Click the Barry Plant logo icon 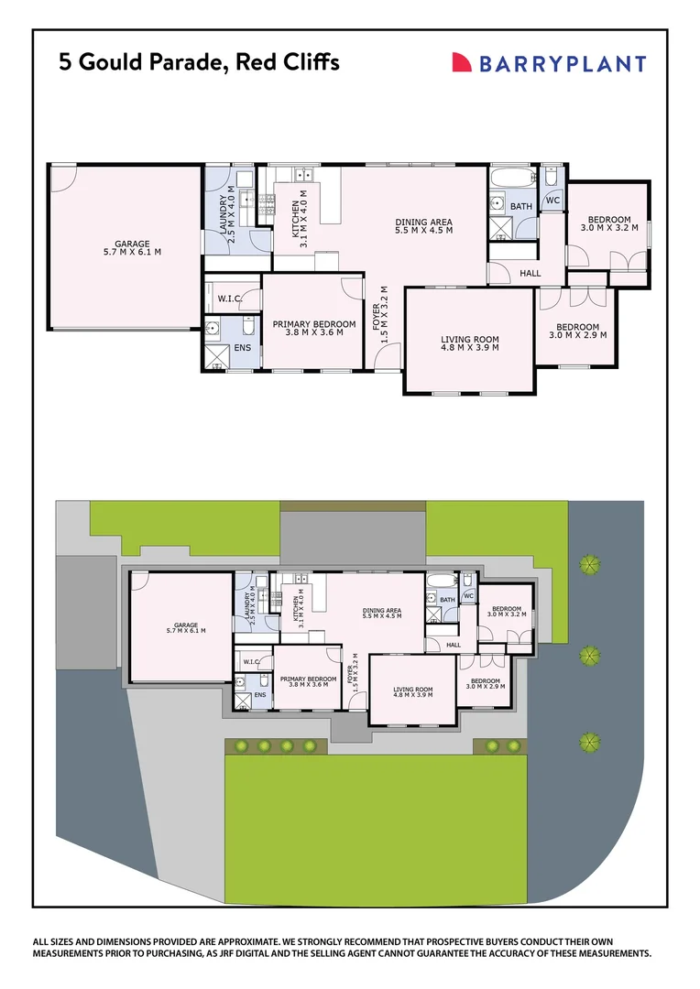tap(463, 62)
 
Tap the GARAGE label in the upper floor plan tap(124, 245)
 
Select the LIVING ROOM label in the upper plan tap(470, 340)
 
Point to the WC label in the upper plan tap(552, 201)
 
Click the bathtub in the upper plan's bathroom tap(509, 177)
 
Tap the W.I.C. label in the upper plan tap(229, 299)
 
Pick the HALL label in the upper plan tap(530, 273)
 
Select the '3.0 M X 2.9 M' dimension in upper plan tap(574, 336)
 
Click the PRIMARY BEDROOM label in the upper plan tap(314, 324)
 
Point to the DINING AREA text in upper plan tap(423, 222)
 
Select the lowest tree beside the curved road tap(589, 740)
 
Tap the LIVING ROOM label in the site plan tap(412, 690)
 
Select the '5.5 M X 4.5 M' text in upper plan tap(423, 231)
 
